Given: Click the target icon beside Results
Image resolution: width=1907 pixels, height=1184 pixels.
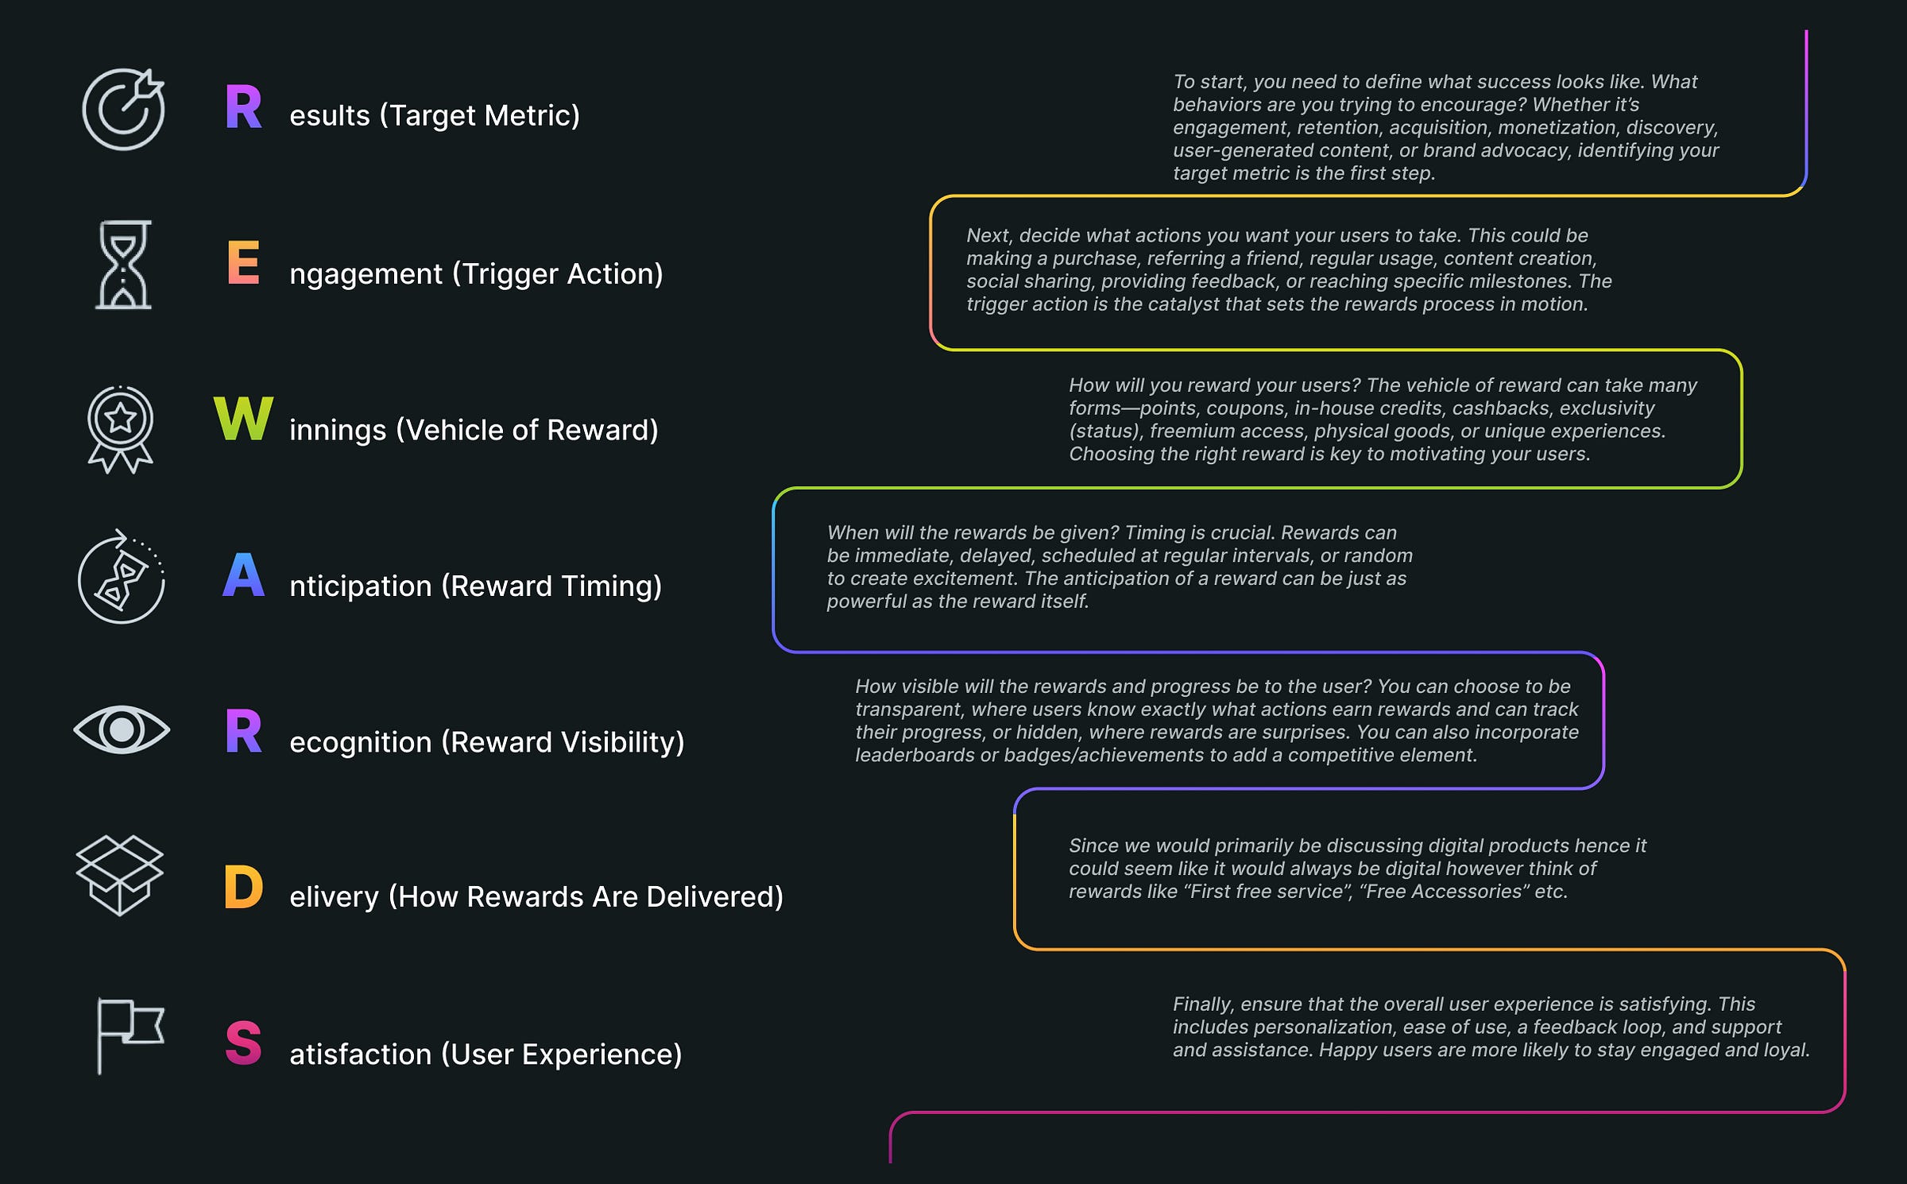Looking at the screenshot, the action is pyautogui.click(x=123, y=110).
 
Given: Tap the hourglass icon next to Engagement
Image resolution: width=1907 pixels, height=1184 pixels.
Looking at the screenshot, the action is pyautogui.click(x=123, y=265).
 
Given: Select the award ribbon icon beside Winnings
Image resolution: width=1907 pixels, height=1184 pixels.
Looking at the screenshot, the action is pyautogui.click(x=120, y=429).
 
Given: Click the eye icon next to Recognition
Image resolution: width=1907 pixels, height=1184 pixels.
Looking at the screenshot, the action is pyautogui.click(x=122, y=729).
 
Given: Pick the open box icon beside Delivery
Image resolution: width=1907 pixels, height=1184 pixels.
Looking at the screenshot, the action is pyautogui.click(x=119, y=875).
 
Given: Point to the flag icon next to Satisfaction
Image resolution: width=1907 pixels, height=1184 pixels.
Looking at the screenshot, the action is pyautogui.click(x=130, y=1035).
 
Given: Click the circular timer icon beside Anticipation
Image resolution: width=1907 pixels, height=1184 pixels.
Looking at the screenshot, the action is pyautogui.click(x=122, y=578).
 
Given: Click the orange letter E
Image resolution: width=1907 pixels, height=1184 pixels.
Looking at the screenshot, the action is pyautogui.click(x=243, y=262).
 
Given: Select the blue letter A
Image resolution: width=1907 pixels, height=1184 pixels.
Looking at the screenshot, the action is pyautogui.click(x=243, y=575).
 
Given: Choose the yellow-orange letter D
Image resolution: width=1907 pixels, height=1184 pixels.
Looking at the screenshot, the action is pyautogui.click(x=243, y=887).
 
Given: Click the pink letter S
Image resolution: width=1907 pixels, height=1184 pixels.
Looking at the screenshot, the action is pyautogui.click(x=243, y=1043).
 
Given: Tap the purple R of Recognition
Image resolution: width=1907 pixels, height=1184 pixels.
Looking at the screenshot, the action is pyautogui.click(x=243, y=731).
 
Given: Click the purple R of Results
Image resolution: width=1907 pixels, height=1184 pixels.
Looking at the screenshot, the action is pyautogui.click(x=243, y=107).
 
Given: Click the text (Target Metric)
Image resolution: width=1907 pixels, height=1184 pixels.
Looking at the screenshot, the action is pyautogui.click(x=480, y=116).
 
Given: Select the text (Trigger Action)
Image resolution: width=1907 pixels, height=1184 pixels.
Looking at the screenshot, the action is pyautogui.click(x=557, y=274).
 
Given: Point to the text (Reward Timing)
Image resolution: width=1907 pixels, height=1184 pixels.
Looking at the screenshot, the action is pyautogui.click(x=551, y=586).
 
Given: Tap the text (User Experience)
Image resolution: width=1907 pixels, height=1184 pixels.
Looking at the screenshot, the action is pyautogui.click(x=561, y=1054).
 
